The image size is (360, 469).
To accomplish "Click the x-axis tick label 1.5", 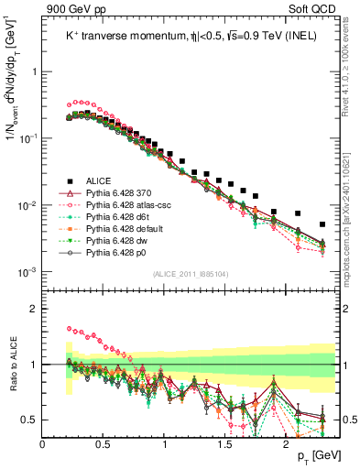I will (x=225, y=444).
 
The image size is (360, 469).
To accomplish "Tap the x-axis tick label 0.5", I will (x=103, y=444).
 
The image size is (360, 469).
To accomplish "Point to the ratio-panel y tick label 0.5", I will (x=28, y=420).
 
